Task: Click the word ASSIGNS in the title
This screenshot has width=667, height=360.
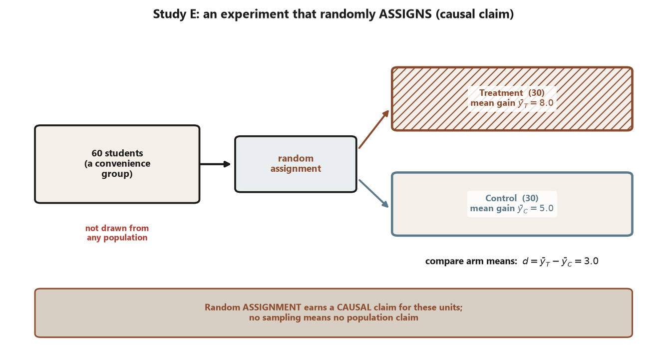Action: point(405,14)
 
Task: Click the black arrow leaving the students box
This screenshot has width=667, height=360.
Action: point(215,164)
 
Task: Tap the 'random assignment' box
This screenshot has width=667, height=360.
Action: point(296,164)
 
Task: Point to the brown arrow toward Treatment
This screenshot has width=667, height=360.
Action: point(374,129)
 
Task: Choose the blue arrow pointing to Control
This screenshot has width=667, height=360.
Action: point(374,194)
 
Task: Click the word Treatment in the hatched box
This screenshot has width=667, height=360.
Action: point(501,93)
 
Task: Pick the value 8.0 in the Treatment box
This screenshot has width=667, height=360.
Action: point(546,103)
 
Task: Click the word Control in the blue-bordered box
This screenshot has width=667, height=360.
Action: point(501,198)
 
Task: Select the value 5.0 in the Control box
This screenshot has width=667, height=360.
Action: point(546,208)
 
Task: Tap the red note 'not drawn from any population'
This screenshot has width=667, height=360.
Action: point(117,233)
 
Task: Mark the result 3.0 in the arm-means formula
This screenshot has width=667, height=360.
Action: point(591,261)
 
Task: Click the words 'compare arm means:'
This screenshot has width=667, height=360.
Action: point(471,262)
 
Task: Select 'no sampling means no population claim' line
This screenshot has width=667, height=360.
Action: point(333,318)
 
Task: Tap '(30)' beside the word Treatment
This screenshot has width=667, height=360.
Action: point(537,93)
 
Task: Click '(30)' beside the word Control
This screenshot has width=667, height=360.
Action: point(530,198)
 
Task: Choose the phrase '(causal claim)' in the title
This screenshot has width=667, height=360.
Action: point(475,14)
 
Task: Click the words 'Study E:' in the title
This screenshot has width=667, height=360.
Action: point(176,14)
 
